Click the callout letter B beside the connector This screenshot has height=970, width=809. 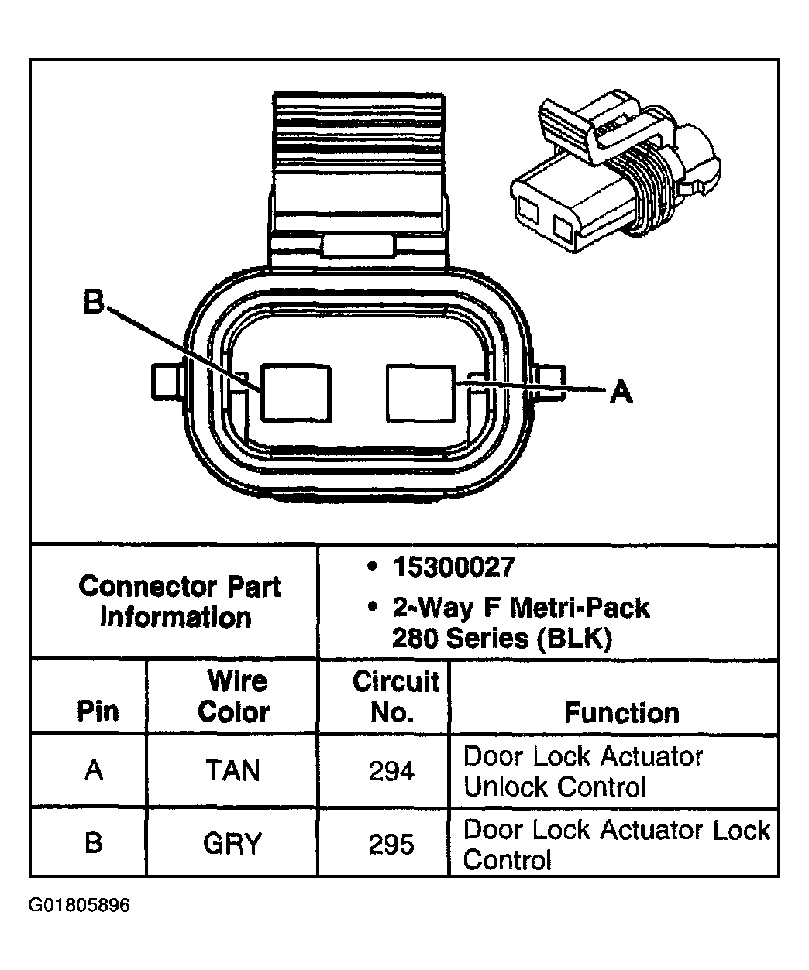(x=94, y=301)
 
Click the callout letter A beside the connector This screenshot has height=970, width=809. (x=621, y=391)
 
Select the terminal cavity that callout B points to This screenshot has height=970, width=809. (x=296, y=393)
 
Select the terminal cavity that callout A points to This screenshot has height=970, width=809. (x=421, y=393)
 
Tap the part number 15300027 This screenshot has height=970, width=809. (x=454, y=567)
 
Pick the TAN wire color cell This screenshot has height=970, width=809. (x=232, y=770)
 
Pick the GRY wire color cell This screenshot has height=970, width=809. (x=232, y=843)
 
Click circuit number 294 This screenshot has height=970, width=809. (x=391, y=771)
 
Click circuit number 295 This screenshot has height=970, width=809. (x=391, y=844)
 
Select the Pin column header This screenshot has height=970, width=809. (x=98, y=711)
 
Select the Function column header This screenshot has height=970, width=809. (x=621, y=713)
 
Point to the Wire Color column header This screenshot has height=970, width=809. (x=234, y=697)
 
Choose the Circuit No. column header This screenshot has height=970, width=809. (x=396, y=697)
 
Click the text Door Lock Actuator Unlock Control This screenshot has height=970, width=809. (x=583, y=771)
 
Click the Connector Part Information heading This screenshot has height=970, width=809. (x=180, y=602)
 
